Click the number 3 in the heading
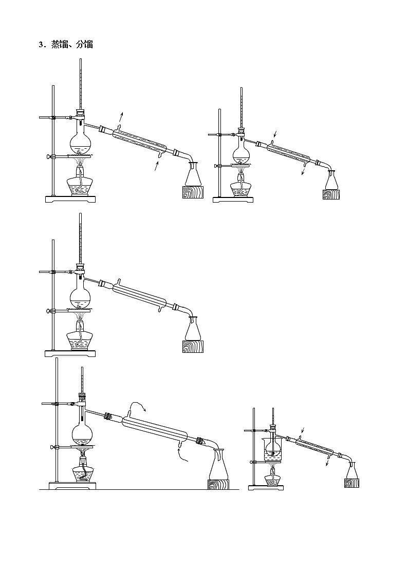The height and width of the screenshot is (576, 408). point(41,45)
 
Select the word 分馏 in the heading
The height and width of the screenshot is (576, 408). point(84,45)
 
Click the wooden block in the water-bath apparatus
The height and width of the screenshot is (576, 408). point(351,483)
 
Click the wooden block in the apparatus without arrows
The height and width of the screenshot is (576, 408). point(193,346)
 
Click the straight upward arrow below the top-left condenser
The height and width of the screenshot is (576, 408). point(157,166)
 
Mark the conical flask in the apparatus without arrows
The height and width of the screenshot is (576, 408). point(193,328)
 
